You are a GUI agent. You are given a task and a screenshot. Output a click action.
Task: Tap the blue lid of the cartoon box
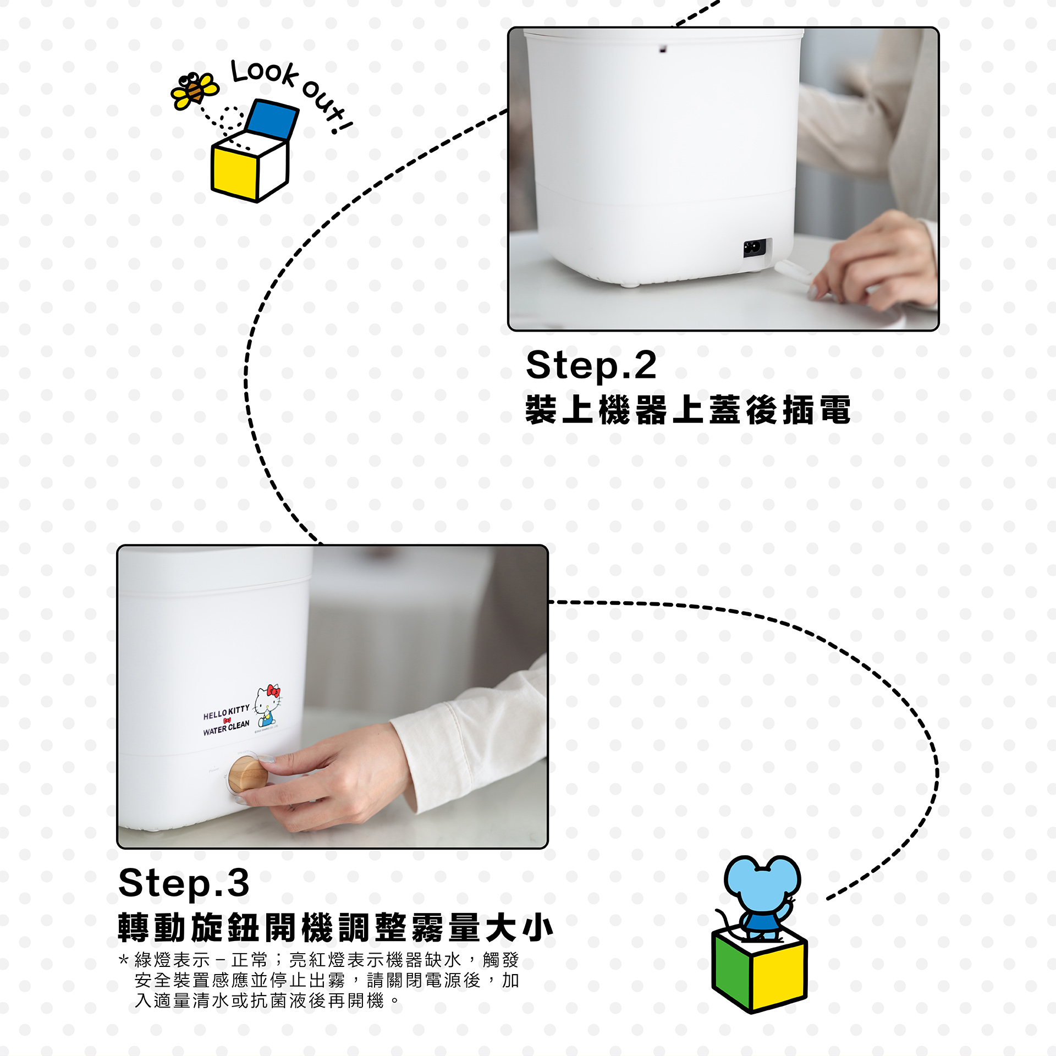tap(272, 119)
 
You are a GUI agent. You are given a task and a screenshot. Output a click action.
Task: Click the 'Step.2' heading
tap(591, 365)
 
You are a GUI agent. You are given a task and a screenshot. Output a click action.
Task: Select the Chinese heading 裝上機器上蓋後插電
tap(688, 410)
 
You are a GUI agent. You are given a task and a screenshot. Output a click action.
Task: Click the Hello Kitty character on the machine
tap(268, 706)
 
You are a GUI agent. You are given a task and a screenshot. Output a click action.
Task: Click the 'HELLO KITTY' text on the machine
tap(226, 713)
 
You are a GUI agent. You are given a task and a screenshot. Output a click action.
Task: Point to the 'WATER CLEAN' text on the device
tap(226, 728)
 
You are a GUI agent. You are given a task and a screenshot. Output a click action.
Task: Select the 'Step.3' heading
tap(184, 883)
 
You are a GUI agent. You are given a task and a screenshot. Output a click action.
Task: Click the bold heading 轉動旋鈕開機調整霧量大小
tap(335, 928)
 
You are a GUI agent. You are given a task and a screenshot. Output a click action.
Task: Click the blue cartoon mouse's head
tap(762, 883)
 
